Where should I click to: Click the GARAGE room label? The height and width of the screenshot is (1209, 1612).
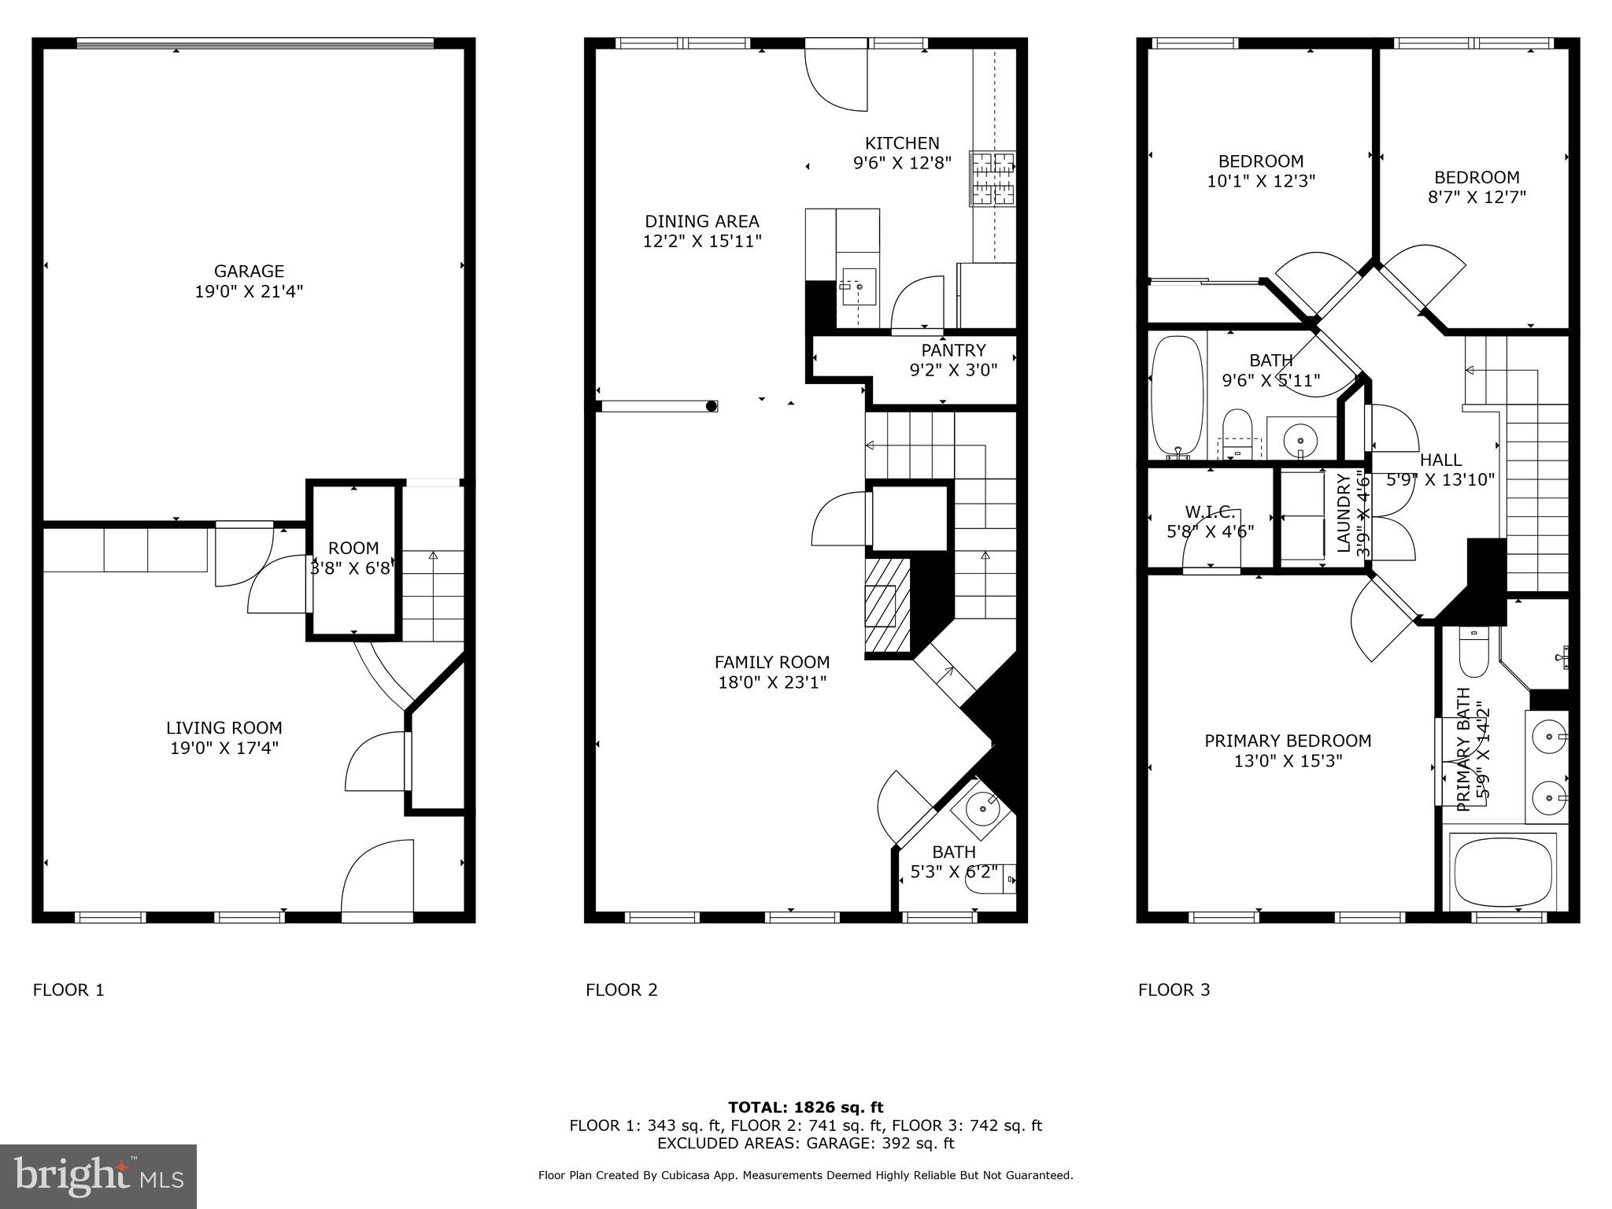(x=249, y=272)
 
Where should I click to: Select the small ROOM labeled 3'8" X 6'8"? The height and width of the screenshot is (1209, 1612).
(x=353, y=557)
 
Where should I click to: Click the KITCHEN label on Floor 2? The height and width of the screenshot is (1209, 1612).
(x=902, y=143)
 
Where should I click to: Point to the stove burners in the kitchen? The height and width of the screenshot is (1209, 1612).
(x=992, y=178)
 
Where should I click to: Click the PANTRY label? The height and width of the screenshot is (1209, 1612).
(x=953, y=350)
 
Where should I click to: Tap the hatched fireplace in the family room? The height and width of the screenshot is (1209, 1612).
(x=887, y=605)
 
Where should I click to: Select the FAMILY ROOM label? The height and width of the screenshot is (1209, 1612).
(x=771, y=663)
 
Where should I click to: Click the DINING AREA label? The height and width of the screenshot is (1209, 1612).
(x=702, y=222)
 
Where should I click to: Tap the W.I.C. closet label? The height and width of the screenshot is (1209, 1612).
(x=1210, y=512)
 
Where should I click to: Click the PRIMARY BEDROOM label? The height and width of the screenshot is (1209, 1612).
(x=1288, y=741)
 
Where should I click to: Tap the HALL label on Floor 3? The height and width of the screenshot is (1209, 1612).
(x=1440, y=460)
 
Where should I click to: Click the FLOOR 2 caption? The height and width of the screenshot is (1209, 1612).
(x=621, y=990)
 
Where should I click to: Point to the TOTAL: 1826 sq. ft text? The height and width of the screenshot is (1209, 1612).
(x=805, y=1107)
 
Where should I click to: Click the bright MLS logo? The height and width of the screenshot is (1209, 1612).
(x=98, y=1177)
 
